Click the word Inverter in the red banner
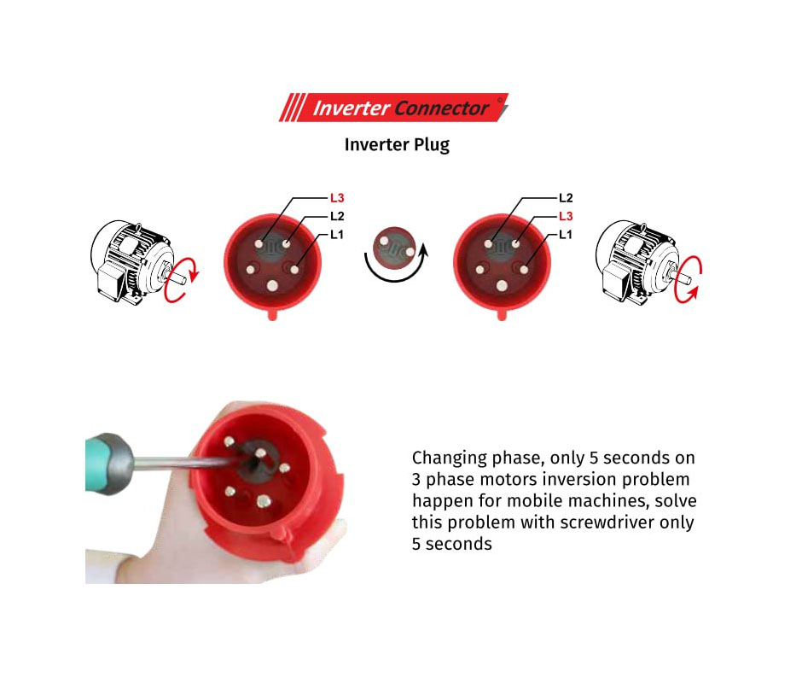[352, 108]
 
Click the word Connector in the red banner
[441, 108]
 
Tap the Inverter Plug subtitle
[397, 145]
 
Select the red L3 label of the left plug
[337, 197]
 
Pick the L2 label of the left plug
[337, 216]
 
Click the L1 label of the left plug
[336, 235]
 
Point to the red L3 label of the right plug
[566, 216]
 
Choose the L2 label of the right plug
[566, 197]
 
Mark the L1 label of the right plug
[565, 235]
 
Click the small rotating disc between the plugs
[394, 248]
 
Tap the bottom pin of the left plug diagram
[272, 285]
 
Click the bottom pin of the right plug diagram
[502, 285]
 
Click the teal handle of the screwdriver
[101, 462]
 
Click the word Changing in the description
[449, 458]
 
